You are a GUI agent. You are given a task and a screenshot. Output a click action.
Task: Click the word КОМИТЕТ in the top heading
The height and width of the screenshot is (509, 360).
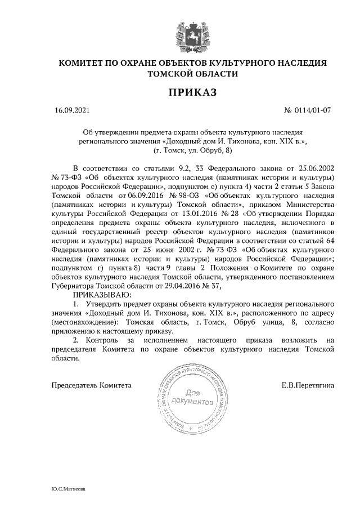pyautogui.click(x=87, y=63)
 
